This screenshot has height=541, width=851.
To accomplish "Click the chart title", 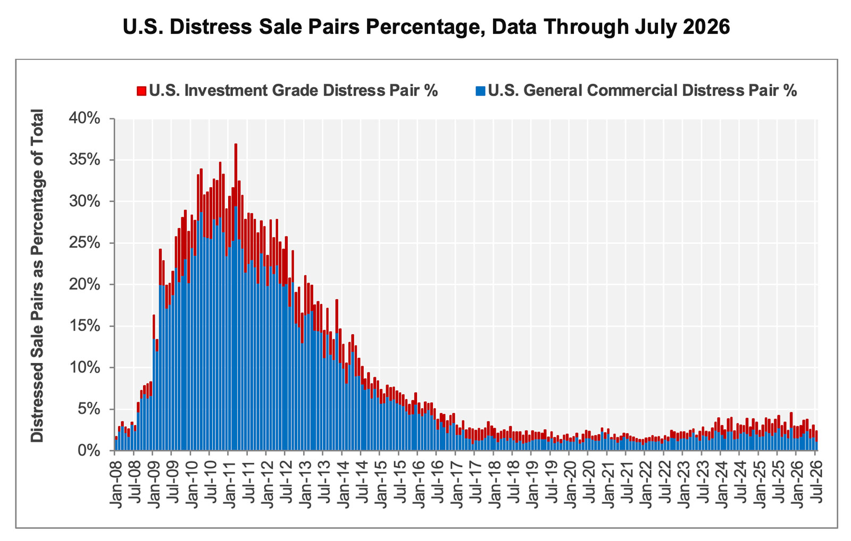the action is coord(426,27).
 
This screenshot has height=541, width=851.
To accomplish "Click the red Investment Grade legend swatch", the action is coord(141,91).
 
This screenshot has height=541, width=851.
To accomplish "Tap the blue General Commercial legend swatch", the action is coord(480,91).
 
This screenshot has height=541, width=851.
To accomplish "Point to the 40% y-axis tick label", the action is coord(85,119).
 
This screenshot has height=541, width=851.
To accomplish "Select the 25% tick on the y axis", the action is coord(85,243).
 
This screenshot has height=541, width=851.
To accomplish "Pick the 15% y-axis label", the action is coord(85,326).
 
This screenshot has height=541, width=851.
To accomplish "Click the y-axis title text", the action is coord(37,276).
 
